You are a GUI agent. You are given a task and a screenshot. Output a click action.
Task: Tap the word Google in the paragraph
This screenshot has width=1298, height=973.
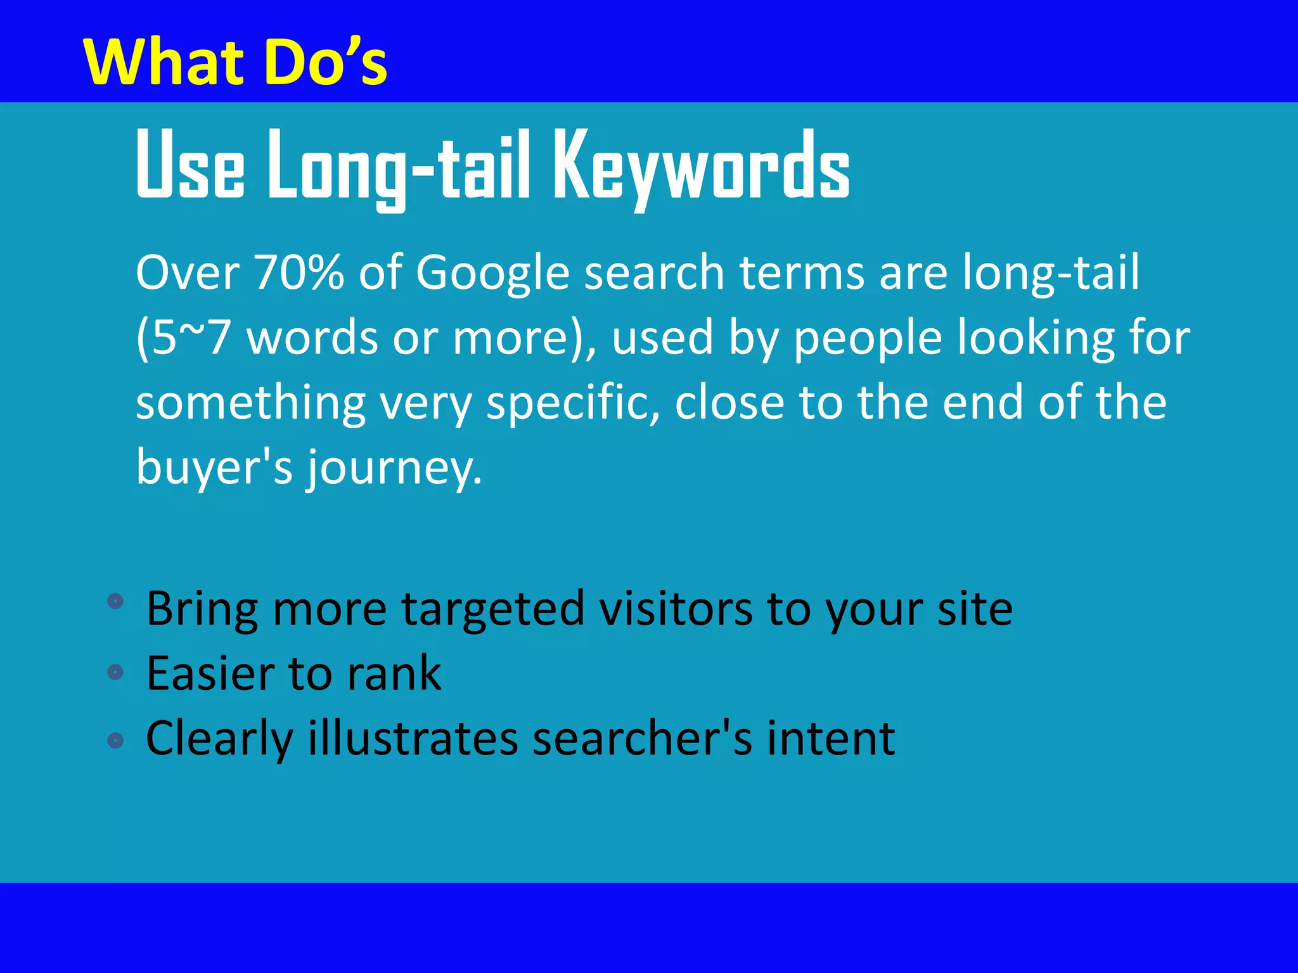click(x=492, y=273)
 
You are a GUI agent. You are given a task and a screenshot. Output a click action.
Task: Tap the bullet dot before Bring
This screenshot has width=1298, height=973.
click(x=115, y=601)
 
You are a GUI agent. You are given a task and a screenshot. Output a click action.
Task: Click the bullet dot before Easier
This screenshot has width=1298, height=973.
click(x=115, y=671)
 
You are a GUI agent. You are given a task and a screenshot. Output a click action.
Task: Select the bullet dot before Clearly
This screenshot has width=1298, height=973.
click(x=115, y=739)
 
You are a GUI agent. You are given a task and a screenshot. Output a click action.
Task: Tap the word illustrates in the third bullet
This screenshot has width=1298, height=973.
click(x=413, y=739)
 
